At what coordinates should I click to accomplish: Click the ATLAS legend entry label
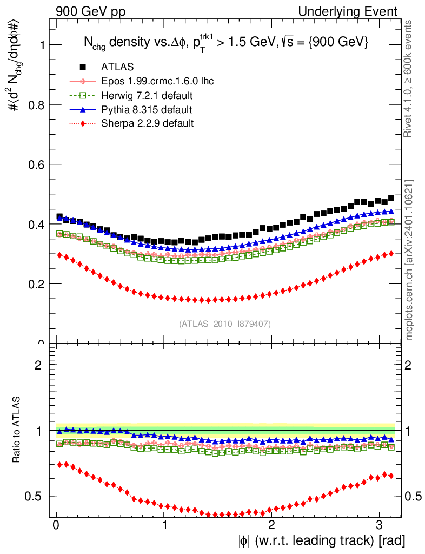coord(117,67)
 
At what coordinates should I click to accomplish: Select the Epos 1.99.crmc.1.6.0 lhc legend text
coord(157,81)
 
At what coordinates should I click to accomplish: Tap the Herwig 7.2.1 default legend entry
coord(147,96)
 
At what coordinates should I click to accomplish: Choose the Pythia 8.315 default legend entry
coord(146,110)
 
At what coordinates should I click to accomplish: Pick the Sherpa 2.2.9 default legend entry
coord(147,123)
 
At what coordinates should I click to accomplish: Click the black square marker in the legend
coord(83,67)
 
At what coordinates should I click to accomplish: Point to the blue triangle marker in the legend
coord(83,109)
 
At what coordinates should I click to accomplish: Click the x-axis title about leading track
coord(321,540)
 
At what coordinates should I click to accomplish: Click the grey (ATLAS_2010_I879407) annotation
coord(225,324)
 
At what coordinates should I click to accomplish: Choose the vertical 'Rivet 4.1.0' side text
coord(409,78)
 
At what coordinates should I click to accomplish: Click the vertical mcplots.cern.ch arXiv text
coord(409,259)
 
